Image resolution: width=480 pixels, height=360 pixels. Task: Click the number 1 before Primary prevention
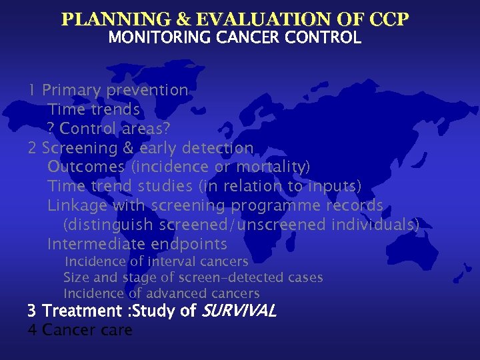pos(32,90)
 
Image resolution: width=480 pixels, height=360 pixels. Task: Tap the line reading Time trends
pos(93,109)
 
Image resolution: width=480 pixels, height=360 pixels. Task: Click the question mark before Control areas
pos(51,128)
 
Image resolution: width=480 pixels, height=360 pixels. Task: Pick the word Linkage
pos(77,205)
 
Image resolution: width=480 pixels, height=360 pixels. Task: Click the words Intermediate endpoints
pos(137,244)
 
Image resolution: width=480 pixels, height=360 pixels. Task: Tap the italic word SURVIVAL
pos(238,311)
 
